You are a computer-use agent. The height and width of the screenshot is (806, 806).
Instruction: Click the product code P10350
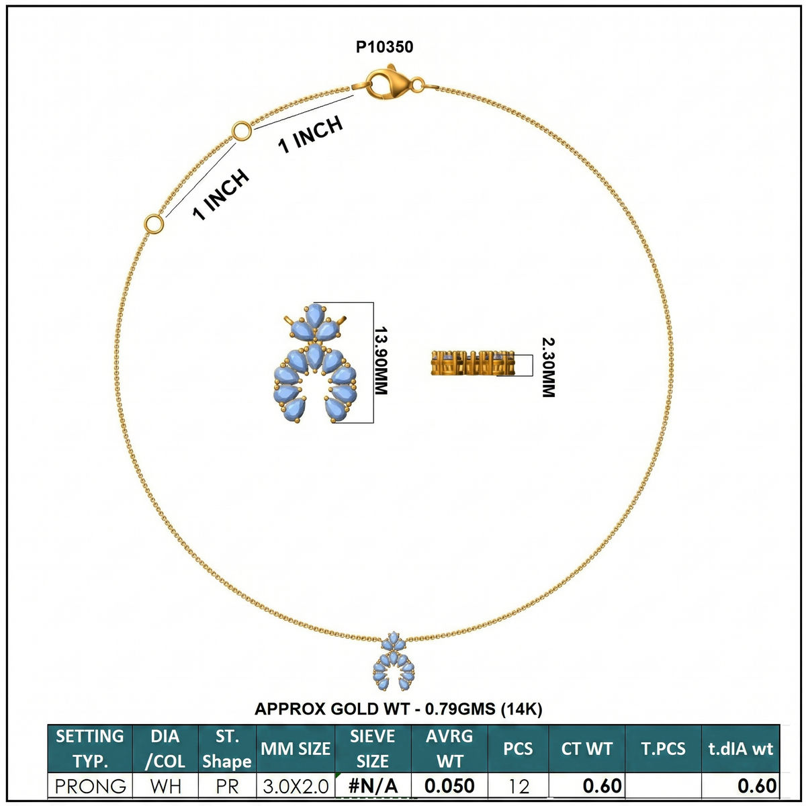pyautogui.click(x=384, y=47)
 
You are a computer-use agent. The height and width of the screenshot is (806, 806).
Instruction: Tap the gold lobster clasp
pyautogui.click(x=387, y=83)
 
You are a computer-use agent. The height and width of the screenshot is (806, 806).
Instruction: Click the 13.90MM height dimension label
pyautogui.click(x=381, y=361)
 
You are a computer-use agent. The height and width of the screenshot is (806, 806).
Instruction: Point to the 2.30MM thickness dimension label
pyautogui.click(x=548, y=367)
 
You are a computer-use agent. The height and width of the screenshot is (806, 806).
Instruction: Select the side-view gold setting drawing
pyautogui.click(x=473, y=363)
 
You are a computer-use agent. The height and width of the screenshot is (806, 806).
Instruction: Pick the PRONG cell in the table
pyautogui.click(x=91, y=787)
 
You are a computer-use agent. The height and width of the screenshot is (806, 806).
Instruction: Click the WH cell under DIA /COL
pyautogui.click(x=166, y=787)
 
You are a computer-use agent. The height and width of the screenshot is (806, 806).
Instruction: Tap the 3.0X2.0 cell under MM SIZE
pyautogui.click(x=296, y=787)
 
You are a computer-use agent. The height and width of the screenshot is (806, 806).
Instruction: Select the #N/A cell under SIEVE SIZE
pyautogui.click(x=373, y=787)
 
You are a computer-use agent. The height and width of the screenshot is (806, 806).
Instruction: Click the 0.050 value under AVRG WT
pyautogui.click(x=449, y=787)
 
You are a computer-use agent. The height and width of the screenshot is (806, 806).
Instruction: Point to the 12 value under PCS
pyautogui.click(x=519, y=787)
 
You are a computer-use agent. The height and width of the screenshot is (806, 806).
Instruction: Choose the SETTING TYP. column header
pyautogui.click(x=90, y=749)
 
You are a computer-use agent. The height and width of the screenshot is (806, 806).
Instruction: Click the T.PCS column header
pyautogui.click(x=663, y=749)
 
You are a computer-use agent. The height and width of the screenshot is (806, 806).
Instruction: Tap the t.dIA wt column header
pyautogui.click(x=740, y=749)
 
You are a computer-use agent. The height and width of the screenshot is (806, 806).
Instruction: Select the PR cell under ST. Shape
pyautogui.click(x=227, y=787)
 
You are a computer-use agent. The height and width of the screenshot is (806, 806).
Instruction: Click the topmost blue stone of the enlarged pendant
pyautogui.click(x=315, y=316)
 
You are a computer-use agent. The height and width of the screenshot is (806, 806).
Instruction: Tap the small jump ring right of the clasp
pyautogui.click(x=417, y=85)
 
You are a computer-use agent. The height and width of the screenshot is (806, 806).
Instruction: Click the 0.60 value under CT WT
pyautogui.click(x=602, y=787)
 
